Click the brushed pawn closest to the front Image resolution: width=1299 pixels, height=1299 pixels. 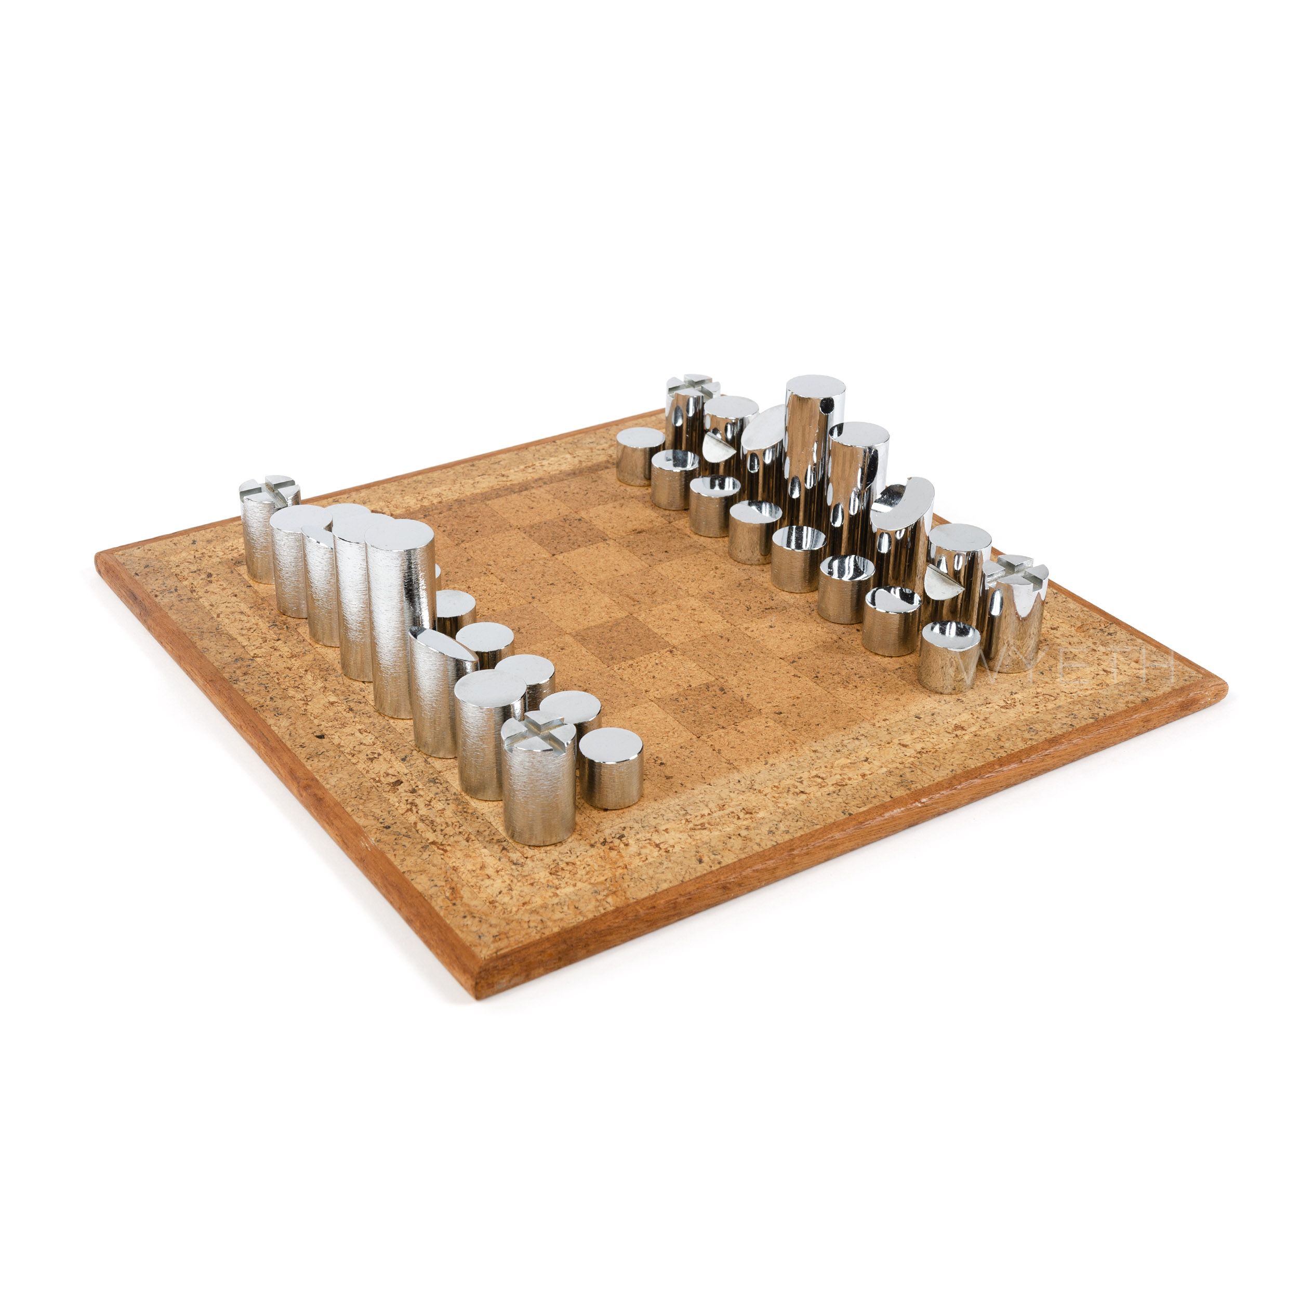point(611,768)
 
